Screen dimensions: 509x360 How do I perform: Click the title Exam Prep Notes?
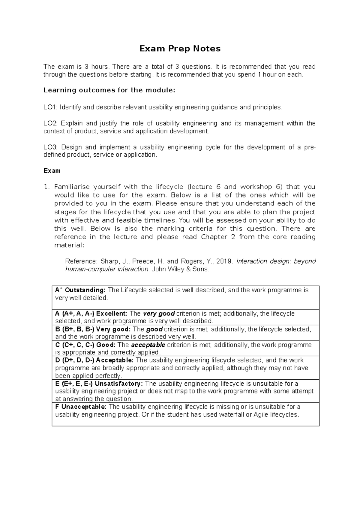[180, 49]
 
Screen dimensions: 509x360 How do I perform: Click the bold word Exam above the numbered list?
[52, 171]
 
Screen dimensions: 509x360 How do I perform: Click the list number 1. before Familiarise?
[46, 187]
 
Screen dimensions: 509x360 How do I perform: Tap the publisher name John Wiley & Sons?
[180, 269]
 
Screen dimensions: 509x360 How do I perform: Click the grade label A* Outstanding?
[80, 290]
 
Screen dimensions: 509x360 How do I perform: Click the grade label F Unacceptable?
[81, 407]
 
